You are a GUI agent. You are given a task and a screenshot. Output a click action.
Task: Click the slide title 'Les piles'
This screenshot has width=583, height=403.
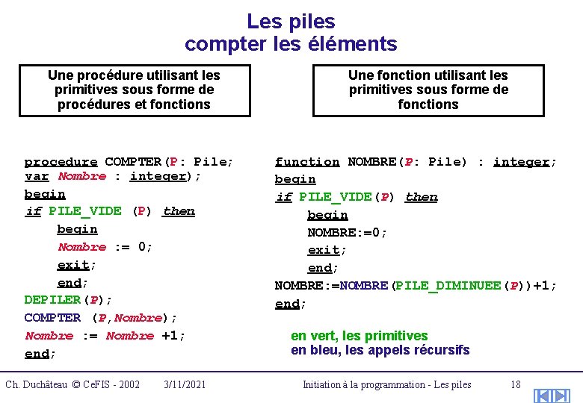click(291, 22)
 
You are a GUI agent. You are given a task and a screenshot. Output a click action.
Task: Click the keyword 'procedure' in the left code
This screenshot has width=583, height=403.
click(61, 162)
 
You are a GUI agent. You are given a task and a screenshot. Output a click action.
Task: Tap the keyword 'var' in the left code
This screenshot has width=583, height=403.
click(37, 177)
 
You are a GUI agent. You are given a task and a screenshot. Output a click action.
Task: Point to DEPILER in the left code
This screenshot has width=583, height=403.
click(52, 300)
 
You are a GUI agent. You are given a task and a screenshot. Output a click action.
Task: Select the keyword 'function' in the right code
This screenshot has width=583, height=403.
click(306, 162)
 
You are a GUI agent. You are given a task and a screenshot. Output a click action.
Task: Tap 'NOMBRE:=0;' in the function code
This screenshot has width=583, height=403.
click(348, 232)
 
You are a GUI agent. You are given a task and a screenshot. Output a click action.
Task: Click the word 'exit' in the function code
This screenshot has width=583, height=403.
click(322, 250)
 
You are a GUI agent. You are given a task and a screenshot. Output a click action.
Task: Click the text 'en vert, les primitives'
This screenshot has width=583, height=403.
click(359, 336)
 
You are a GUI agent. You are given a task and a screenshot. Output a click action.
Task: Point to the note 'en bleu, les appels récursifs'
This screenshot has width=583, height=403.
click(380, 349)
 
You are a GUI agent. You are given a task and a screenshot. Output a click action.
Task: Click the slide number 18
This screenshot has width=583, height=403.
click(515, 384)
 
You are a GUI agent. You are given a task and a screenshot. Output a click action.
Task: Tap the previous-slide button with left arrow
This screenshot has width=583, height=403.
click(544, 396)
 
